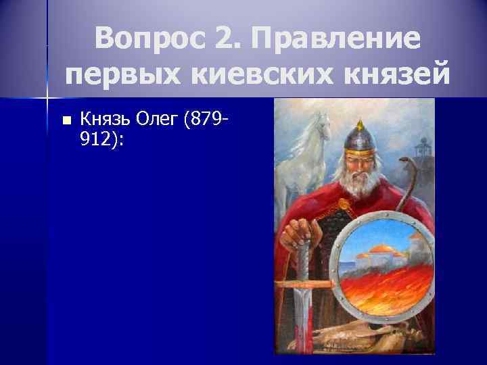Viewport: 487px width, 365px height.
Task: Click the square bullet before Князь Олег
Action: tap(66, 121)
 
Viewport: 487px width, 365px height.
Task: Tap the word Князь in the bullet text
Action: tap(104, 120)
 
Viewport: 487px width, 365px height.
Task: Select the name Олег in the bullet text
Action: tap(158, 120)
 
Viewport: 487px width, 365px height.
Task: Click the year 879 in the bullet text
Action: tap(209, 120)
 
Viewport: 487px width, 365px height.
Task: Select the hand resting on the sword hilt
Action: tap(300, 234)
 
